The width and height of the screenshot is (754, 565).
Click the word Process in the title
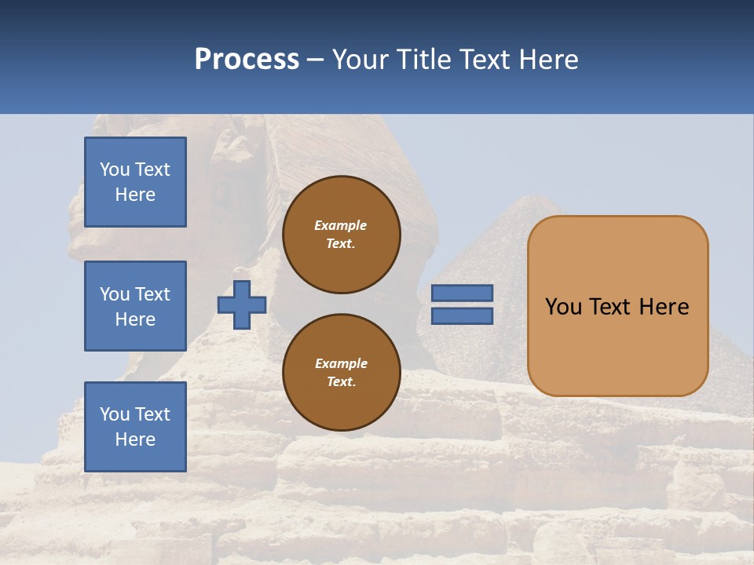tap(247, 60)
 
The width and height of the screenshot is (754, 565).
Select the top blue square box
tap(135, 182)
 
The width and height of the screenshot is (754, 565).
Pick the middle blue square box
tap(135, 306)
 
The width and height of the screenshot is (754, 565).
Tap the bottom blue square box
tap(135, 426)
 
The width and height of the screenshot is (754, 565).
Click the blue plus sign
tap(241, 304)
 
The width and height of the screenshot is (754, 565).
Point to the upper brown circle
tap(341, 235)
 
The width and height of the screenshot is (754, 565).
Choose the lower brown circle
tap(341, 373)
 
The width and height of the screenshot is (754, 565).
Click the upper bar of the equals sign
tap(463, 293)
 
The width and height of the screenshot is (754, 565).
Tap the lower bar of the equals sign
tap(463, 316)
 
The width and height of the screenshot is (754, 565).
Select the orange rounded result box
tap(617, 306)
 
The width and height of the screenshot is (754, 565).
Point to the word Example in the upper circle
tap(341, 225)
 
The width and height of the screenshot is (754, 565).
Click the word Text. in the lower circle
tap(341, 382)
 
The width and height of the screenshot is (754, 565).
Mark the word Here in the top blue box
tap(135, 195)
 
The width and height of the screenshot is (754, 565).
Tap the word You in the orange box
tap(564, 307)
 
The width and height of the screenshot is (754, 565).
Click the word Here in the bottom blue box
tap(135, 439)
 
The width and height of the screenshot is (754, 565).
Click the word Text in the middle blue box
tap(152, 294)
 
